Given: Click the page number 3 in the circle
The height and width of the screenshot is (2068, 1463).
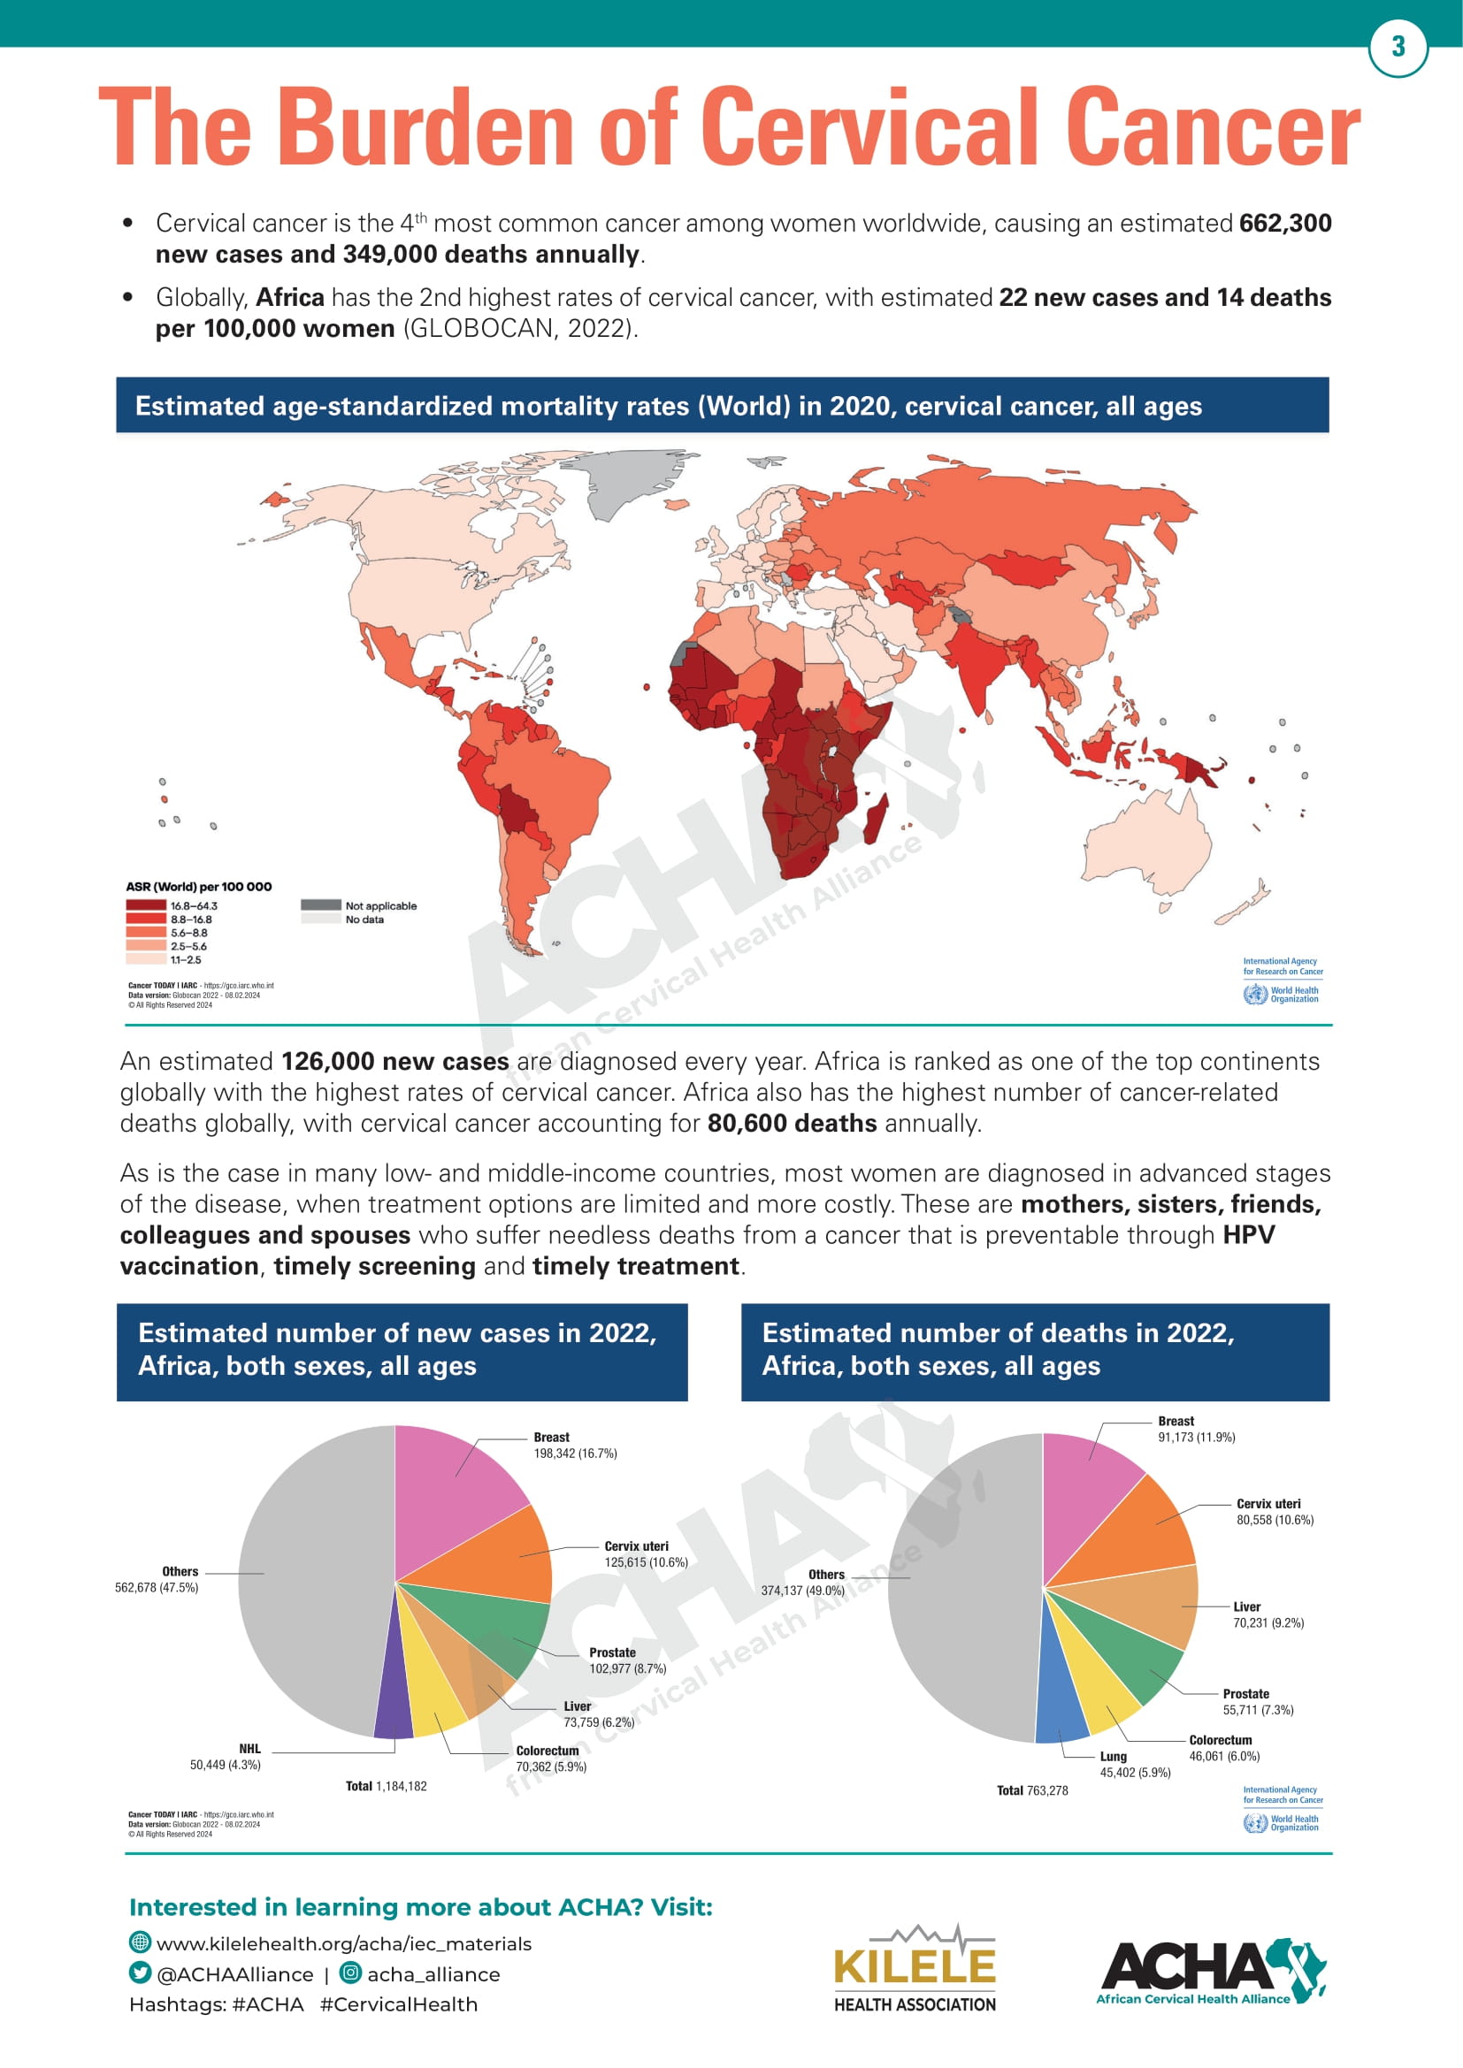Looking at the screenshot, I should (x=1398, y=47).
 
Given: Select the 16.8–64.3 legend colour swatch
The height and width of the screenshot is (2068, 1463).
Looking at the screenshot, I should (x=145, y=905).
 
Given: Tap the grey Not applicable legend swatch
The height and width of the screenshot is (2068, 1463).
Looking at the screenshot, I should (x=320, y=904).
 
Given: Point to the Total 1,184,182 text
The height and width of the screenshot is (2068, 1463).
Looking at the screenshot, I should (x=387, y=1786).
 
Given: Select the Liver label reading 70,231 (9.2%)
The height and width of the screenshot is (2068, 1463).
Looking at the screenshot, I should (x=1268, y=1615).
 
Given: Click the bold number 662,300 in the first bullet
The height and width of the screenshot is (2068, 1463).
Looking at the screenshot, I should (x=1284, y=224).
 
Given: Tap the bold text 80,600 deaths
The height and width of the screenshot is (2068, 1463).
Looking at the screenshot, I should (x=791, y=1123).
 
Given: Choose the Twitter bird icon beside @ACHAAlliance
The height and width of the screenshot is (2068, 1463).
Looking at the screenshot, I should (x=140, y=1973).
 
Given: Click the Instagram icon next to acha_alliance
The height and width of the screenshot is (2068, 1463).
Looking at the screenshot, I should (x=349, y=1973).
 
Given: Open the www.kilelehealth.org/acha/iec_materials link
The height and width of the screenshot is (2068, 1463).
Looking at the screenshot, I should (x=343, y=1942).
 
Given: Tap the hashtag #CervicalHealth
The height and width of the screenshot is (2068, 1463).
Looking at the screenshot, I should (x=398, y=2004).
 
